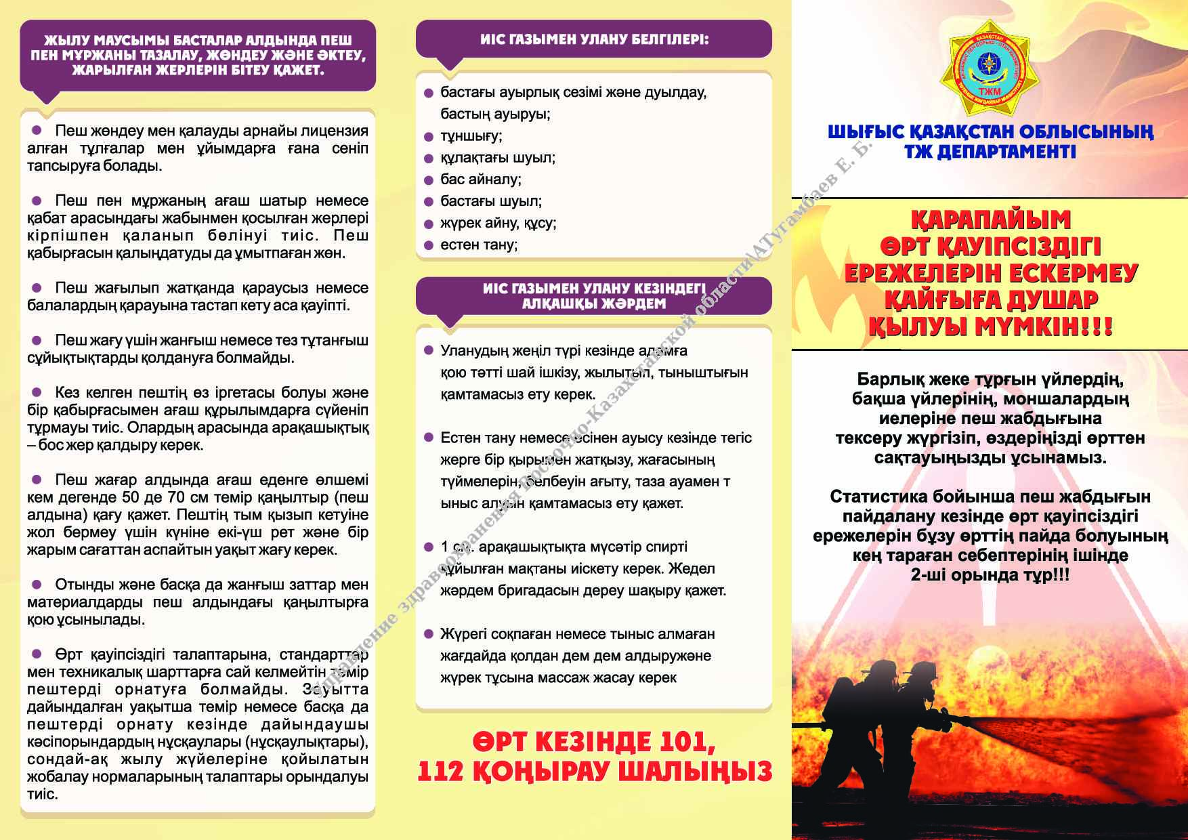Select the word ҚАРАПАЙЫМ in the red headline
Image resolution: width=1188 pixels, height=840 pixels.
[991, 219]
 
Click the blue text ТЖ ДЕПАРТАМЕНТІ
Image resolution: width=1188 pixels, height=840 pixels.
[990, 151]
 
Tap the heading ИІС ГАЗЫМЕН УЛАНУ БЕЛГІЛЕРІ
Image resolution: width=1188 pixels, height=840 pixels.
[594, 39]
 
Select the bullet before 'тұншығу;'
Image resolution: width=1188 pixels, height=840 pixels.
[428, 137]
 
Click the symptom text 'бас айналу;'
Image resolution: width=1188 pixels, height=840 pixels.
[481, 180]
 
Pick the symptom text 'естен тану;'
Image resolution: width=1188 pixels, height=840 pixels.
[479, 245]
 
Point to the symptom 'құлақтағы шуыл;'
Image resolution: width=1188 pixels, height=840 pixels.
[498, 158]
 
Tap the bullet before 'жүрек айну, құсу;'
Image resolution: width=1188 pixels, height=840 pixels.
[428, 224]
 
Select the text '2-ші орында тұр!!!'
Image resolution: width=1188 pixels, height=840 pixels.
[990, 575]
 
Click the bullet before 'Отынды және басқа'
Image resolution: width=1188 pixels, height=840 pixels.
[38, 584]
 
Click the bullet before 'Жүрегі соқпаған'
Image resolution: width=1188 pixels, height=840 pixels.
[428, 634]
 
